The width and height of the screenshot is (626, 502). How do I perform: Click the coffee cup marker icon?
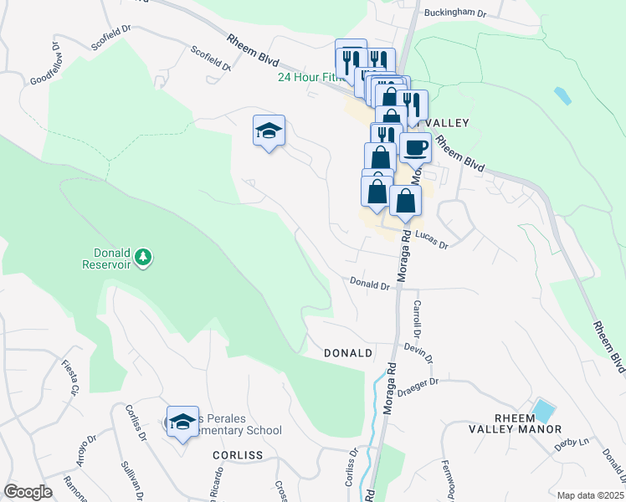pyautogui.click(x=416, y=148)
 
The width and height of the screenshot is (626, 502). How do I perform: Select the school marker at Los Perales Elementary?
pyautogui.click(x=182, y=423)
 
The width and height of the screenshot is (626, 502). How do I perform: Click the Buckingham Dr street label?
pyautogui.click(x=455, y=13)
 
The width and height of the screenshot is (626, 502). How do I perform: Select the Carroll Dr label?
pyautogui.click(x=416, y=315)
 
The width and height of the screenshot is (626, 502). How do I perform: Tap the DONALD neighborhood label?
pyautogui.click(x=348, y=353)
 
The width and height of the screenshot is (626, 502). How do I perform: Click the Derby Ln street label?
pyautogui.click(x=572, y=444)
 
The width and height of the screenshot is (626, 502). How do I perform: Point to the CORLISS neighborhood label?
pyautogui.click(x=238, y=455)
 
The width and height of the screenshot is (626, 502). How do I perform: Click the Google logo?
pyautogui.click(x=28, y=492)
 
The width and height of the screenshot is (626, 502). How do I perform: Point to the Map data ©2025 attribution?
pyautogui.click(x=589, y=495)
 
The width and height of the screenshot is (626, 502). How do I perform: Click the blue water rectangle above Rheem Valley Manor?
pyautogui.click(x=544, y=411)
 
